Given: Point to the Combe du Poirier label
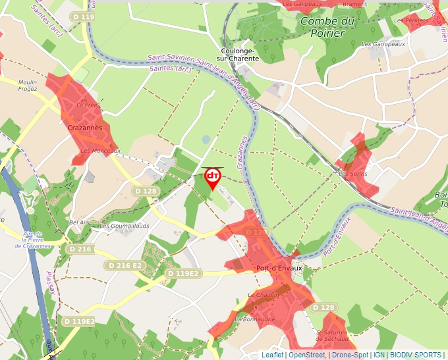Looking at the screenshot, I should click(x=327, y=27).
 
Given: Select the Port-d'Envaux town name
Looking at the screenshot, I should click(x=279, y=268).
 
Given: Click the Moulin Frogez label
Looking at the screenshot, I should click(x=28, y=86).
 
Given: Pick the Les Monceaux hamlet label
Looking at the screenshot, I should click(x=100, y=151).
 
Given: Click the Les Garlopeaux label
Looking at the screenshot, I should click(x=383, y=44).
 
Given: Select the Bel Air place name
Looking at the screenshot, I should click(x=78, y=222).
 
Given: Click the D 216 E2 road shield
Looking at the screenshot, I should click(x=124, y=265).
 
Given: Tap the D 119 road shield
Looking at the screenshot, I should click(x=83, y=16).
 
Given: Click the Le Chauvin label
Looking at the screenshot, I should click(x=260, y=294).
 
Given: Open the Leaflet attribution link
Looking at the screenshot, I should click(x=272, y=355).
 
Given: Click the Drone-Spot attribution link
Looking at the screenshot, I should click(x=350, y=355).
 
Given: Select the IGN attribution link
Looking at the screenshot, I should click(x=379, y=355).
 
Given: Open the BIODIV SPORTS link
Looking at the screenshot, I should click(x=416, y=355).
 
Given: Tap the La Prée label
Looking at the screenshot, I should click(x=87, y=105).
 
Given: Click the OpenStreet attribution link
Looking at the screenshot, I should click(x=306, y=355).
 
